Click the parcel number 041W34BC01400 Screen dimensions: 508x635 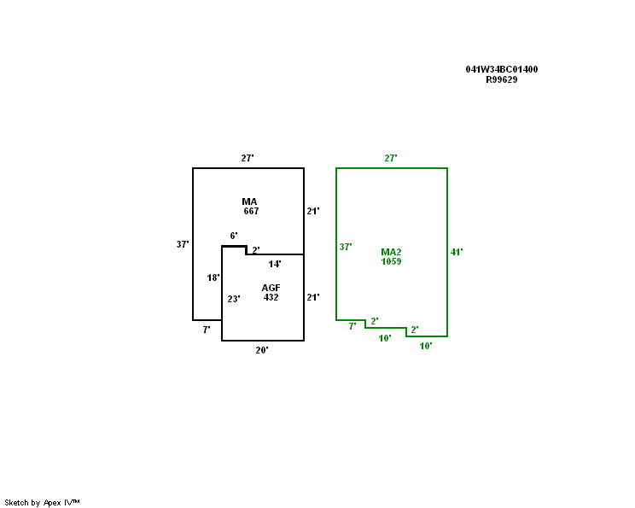(x=502, y=69)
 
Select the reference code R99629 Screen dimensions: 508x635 (x=502, y=79)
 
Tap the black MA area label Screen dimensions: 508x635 (x=249, y=201)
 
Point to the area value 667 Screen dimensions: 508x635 (x=251, y=211)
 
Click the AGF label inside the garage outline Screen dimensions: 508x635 (x=271, y=288)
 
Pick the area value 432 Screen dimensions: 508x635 (x=271, y=297)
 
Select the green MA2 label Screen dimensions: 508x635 (x=391, y=252)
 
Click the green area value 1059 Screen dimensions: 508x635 (x=391, y=261)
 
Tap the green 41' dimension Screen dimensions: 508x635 (x=457, y=252)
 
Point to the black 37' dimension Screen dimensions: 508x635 (x=183, y=244)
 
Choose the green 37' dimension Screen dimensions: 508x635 (x=346, y=247)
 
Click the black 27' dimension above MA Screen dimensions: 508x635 (x=248, y=158)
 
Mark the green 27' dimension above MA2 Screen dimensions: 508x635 (x=391, y=158)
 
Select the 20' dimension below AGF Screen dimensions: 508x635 (x=262, y=350)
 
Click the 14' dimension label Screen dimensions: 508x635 (x=275, y=264)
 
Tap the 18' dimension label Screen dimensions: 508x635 (x=213, y=277)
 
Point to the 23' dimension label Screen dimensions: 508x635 (x=234, y=299)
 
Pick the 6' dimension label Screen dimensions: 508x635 (x=234, y=236)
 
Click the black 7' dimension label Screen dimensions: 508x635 (x=207, y=329)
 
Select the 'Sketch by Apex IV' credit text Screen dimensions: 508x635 (x=42, y=502)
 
